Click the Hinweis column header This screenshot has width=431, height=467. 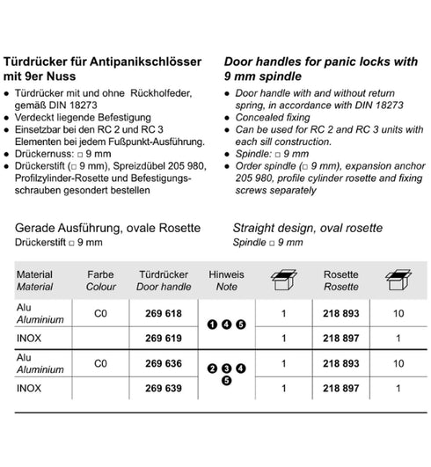[226, 275]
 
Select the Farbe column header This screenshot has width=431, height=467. [101, 275]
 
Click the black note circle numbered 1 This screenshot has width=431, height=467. [211, 325]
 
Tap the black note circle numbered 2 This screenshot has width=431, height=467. [211, 368]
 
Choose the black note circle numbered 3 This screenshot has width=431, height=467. [226, 368]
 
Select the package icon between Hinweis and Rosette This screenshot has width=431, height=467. [283, 281]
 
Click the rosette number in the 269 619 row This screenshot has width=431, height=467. [340, 338]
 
